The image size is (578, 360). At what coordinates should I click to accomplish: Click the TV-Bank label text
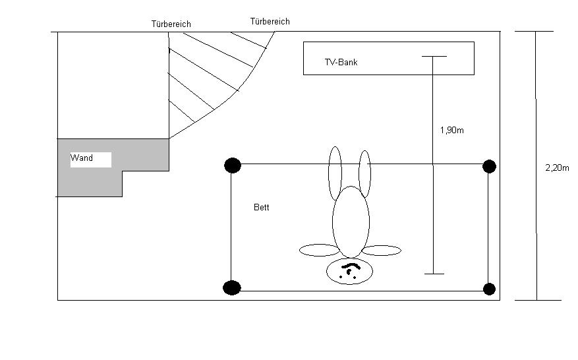coord(341,63)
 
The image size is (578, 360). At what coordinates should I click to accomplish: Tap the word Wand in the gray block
coord(82,158)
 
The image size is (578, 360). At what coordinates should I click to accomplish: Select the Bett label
coord(262,207)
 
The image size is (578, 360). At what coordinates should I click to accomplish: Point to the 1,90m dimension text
coord(451,131)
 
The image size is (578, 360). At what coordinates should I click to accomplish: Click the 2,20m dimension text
coord(557,168)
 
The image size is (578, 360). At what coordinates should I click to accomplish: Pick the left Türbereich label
coord(171,24)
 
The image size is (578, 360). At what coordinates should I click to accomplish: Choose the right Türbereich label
coord(270,22)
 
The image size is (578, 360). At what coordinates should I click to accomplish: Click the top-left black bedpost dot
coord(232,165)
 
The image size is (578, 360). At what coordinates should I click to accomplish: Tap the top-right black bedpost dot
coord(489,166)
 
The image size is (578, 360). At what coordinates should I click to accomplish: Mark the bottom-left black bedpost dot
coord(232,287)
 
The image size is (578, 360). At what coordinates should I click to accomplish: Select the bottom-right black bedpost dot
coord(489,289)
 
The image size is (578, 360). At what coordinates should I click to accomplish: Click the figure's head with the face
coord(349,271)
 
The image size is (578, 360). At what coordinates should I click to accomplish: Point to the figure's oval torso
coord(351,222)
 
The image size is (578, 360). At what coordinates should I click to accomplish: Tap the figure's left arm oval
coord(320,251)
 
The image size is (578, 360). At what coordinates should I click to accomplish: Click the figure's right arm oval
coord(382,251)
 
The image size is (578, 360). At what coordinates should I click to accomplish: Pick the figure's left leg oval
coord(335,173)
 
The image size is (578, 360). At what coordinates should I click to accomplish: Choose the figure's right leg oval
coord(364,174)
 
